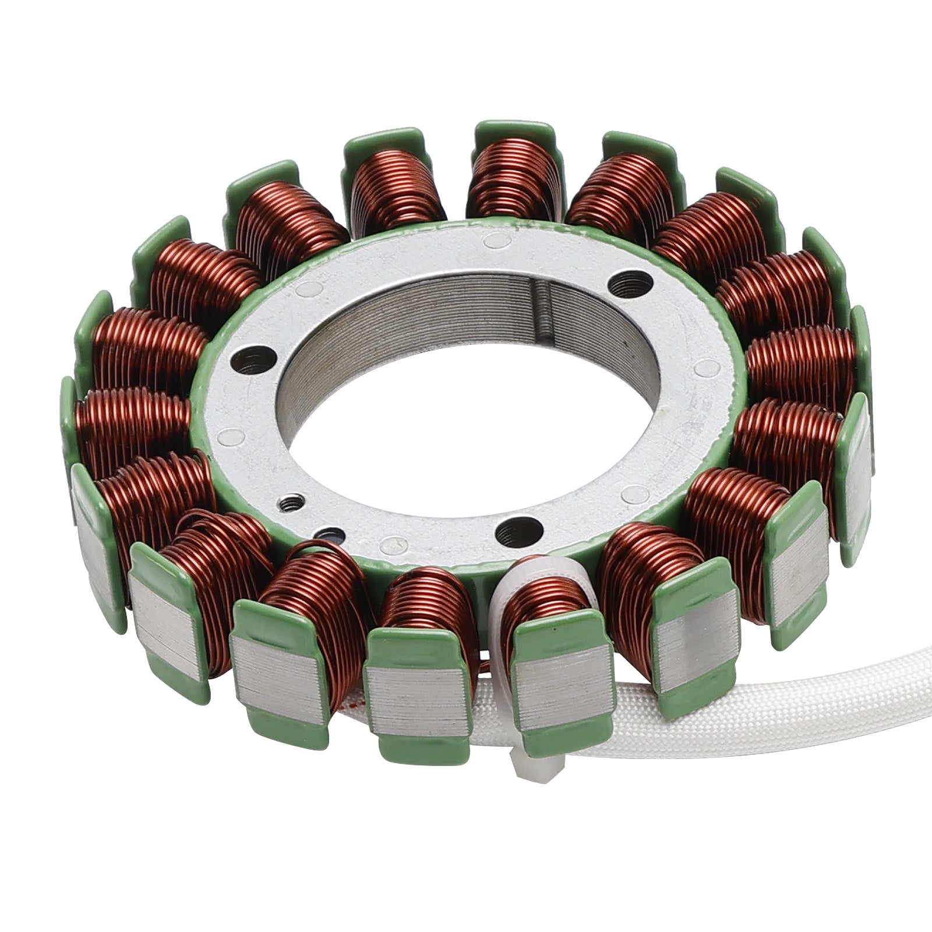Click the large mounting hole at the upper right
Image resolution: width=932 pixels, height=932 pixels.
pos(630,285)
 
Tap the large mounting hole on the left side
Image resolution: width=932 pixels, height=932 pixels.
pos(252,361)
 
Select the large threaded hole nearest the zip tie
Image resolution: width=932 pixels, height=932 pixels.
pos(517,531)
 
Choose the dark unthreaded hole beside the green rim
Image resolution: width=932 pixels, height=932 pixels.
pos(331,533)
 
